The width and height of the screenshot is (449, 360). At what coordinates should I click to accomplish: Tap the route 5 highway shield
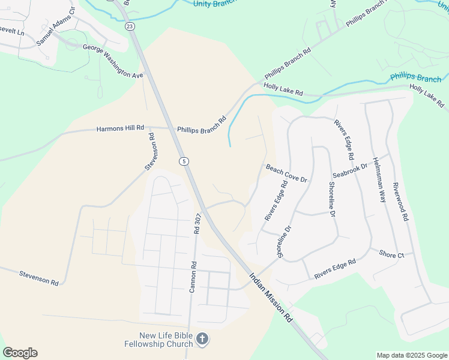183,161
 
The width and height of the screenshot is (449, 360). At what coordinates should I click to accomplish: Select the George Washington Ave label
113,62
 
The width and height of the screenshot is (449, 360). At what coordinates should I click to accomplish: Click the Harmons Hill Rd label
121,128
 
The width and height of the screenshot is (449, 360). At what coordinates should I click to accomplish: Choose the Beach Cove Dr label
286,174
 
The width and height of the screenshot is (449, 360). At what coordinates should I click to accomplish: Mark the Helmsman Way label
379,180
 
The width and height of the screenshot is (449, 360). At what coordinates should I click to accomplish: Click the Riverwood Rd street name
400,202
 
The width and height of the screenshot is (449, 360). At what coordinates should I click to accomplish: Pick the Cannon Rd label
193,277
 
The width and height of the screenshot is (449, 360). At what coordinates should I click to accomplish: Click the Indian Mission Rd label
271,298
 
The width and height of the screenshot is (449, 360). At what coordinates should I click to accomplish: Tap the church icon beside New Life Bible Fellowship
203,340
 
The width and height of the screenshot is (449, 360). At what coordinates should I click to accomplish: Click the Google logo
20,353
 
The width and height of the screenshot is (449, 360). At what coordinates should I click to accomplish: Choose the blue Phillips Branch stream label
415,78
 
